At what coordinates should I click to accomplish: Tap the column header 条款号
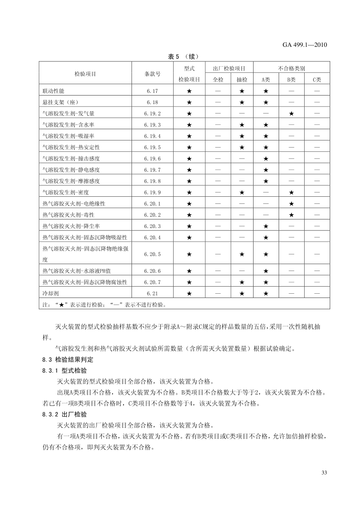152,74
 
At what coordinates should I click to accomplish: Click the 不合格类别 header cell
291,68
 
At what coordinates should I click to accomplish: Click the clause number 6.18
152,102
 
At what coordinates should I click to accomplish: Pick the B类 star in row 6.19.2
291,114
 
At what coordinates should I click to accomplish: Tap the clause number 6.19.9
152,193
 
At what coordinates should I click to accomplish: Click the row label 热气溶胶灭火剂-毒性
66,215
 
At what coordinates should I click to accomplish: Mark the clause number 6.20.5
152,254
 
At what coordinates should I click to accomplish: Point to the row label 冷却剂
50,293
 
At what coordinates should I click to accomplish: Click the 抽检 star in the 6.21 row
241,293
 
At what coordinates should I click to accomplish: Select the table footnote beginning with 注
104,305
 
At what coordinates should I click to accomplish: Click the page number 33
324,473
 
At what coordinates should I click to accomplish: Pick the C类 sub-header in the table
316,79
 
